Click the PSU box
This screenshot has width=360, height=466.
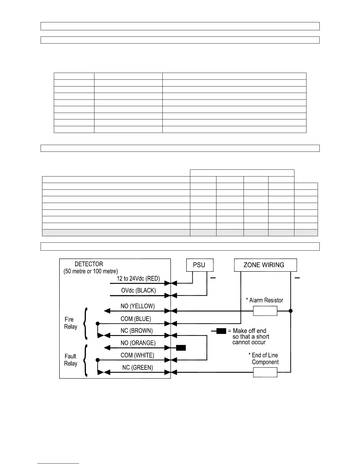tap(200, 265)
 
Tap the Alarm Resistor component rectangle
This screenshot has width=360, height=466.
tap(265, 311)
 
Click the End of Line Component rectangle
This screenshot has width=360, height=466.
tap(265, 372)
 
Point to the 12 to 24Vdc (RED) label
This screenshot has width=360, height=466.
tap(138, 279)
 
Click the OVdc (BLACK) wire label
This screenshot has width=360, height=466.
tap(138, 291)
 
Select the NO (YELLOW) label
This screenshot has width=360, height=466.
tap(137, 306)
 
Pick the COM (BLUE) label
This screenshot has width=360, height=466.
tap(136, 319)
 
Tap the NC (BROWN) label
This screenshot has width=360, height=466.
tap(136, 331)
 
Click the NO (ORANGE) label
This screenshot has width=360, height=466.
tap(138, 343)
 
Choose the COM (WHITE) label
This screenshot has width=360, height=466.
tap(137, 355)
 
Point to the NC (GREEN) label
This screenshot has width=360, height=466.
tap(137, 368)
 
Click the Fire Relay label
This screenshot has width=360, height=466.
tap(71, 323)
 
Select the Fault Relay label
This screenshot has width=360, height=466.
tap(71, 360)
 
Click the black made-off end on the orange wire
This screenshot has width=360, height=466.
tap(181, 348)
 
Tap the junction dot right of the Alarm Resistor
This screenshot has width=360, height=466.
tap(291, 311)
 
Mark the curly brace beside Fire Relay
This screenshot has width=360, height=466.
tap(86, 324)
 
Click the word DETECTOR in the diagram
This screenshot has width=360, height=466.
tap(89, 264)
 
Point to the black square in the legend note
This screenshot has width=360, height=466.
tap(221, 331)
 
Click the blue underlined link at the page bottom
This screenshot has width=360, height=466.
tap(58, 463)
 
